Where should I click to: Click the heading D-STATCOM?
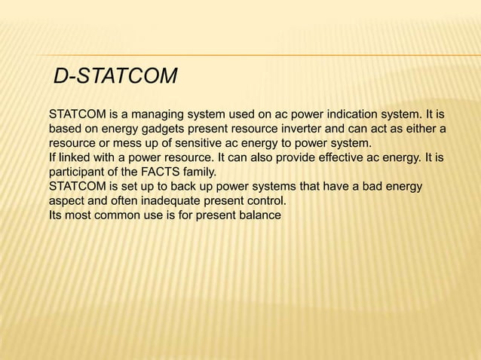point(116,77)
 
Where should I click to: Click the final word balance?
point(257,215)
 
